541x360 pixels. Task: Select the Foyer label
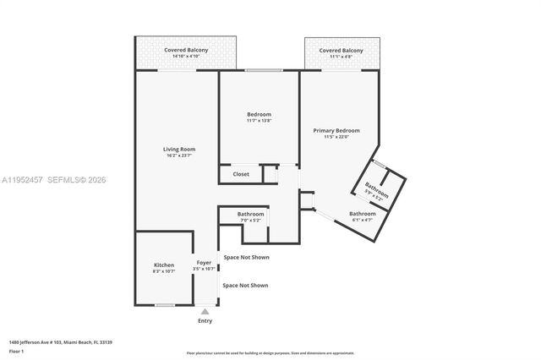205,263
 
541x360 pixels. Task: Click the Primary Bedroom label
336,130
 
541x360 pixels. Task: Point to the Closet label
241,174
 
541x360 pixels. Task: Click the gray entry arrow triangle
205,312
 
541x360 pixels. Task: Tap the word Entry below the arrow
205,321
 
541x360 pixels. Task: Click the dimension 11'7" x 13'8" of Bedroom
259,121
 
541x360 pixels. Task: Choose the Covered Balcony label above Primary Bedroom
341,51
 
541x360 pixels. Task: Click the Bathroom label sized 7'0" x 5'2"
250,215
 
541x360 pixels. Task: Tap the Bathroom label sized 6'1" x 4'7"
363,214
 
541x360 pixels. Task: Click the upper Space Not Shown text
246,257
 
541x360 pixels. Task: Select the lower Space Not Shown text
245,286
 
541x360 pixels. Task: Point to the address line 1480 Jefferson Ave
60,342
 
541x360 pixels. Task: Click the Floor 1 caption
16,352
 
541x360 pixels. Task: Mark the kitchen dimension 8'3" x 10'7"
164,270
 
